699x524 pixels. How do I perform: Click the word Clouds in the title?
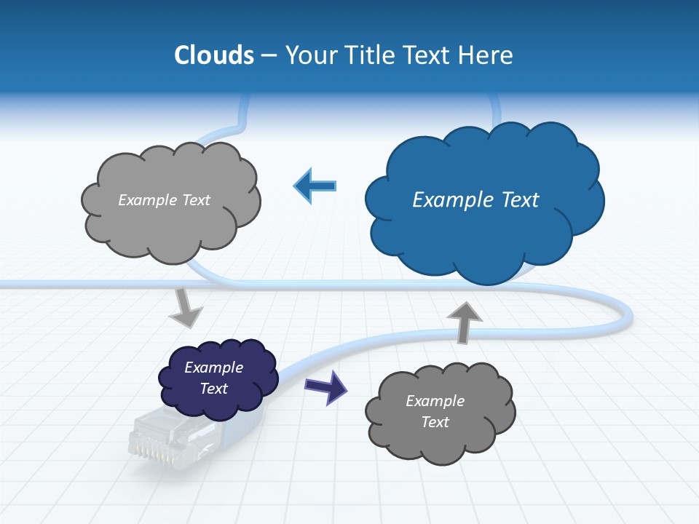coord(214,55)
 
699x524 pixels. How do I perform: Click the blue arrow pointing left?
coord(315,186)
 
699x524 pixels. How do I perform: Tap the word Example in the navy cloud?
coord(213,368)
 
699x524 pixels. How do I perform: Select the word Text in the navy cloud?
coord(213,389)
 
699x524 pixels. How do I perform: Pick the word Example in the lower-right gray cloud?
coord(435,401)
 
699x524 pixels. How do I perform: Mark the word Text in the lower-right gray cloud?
coord(435,422)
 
